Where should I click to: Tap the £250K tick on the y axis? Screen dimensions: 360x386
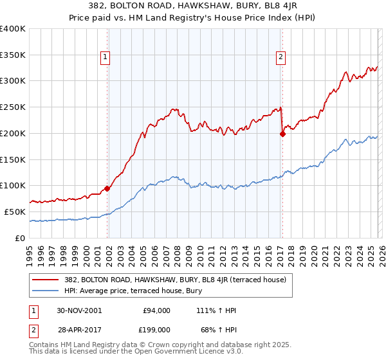tap(13, 107)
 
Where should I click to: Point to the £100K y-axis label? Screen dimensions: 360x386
tap(13, 185)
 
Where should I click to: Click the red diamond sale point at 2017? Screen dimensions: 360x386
tap(282, 134)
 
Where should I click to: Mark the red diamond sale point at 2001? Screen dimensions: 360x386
tap(107, 188)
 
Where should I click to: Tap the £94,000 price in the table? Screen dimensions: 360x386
tap(156, 310)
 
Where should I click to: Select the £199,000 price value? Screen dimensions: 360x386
tap(156, 329)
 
